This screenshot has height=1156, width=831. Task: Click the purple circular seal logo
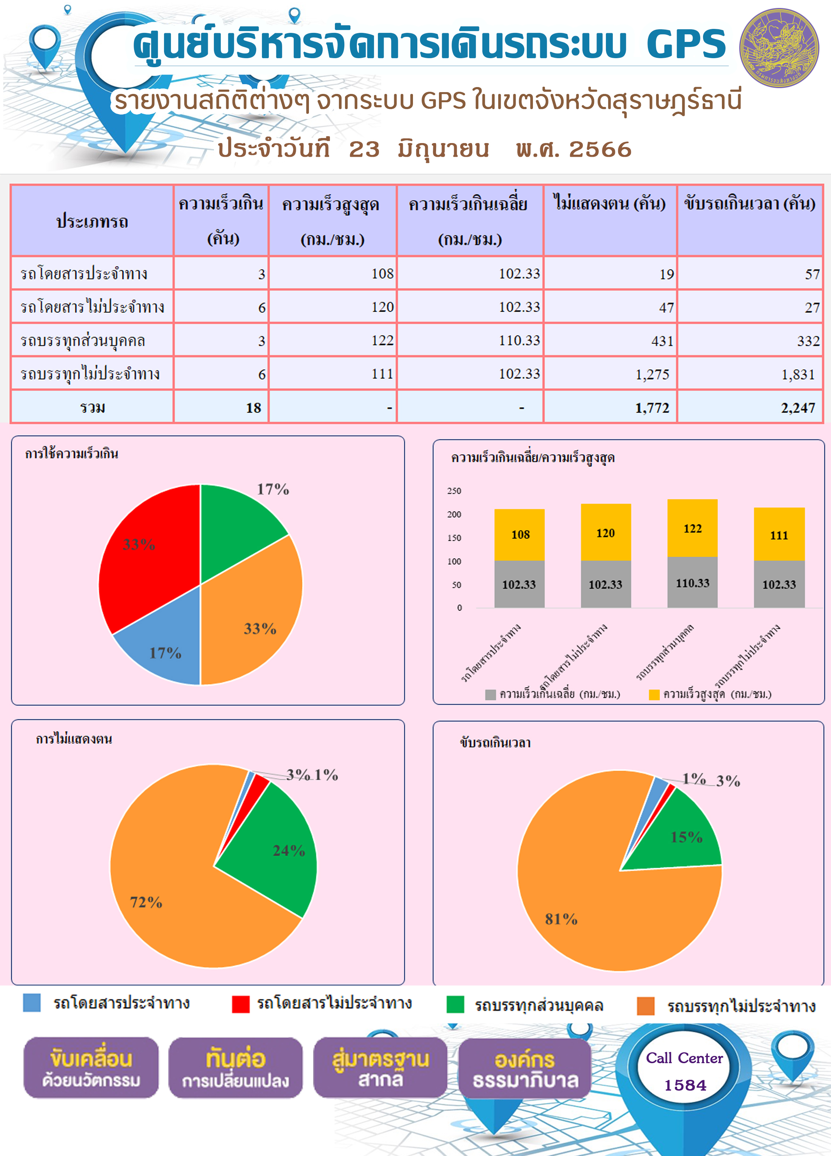coord(779,48)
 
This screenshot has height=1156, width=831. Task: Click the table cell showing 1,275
coord(610,374)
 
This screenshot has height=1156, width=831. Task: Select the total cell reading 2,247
coord(750,407)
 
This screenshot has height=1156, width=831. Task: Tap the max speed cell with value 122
coord(333,340)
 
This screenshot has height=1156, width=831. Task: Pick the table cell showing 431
coord(610,340)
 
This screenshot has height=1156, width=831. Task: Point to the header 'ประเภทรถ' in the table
coord(92,221)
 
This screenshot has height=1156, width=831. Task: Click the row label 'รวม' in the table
coord(92,407)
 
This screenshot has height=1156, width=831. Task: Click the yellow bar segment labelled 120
coord(606,532)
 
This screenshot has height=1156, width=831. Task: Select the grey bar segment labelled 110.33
coord(692,582)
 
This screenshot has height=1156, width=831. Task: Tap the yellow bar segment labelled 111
coord(779,534)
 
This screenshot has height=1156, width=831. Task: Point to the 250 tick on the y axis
coord(454,491)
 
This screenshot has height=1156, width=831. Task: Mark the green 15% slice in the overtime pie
coord(681,836)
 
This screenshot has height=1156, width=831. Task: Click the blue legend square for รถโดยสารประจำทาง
coord(31,1002)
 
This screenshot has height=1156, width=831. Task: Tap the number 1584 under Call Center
coord(685,1085)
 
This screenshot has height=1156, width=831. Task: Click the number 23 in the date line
coord(364,149)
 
